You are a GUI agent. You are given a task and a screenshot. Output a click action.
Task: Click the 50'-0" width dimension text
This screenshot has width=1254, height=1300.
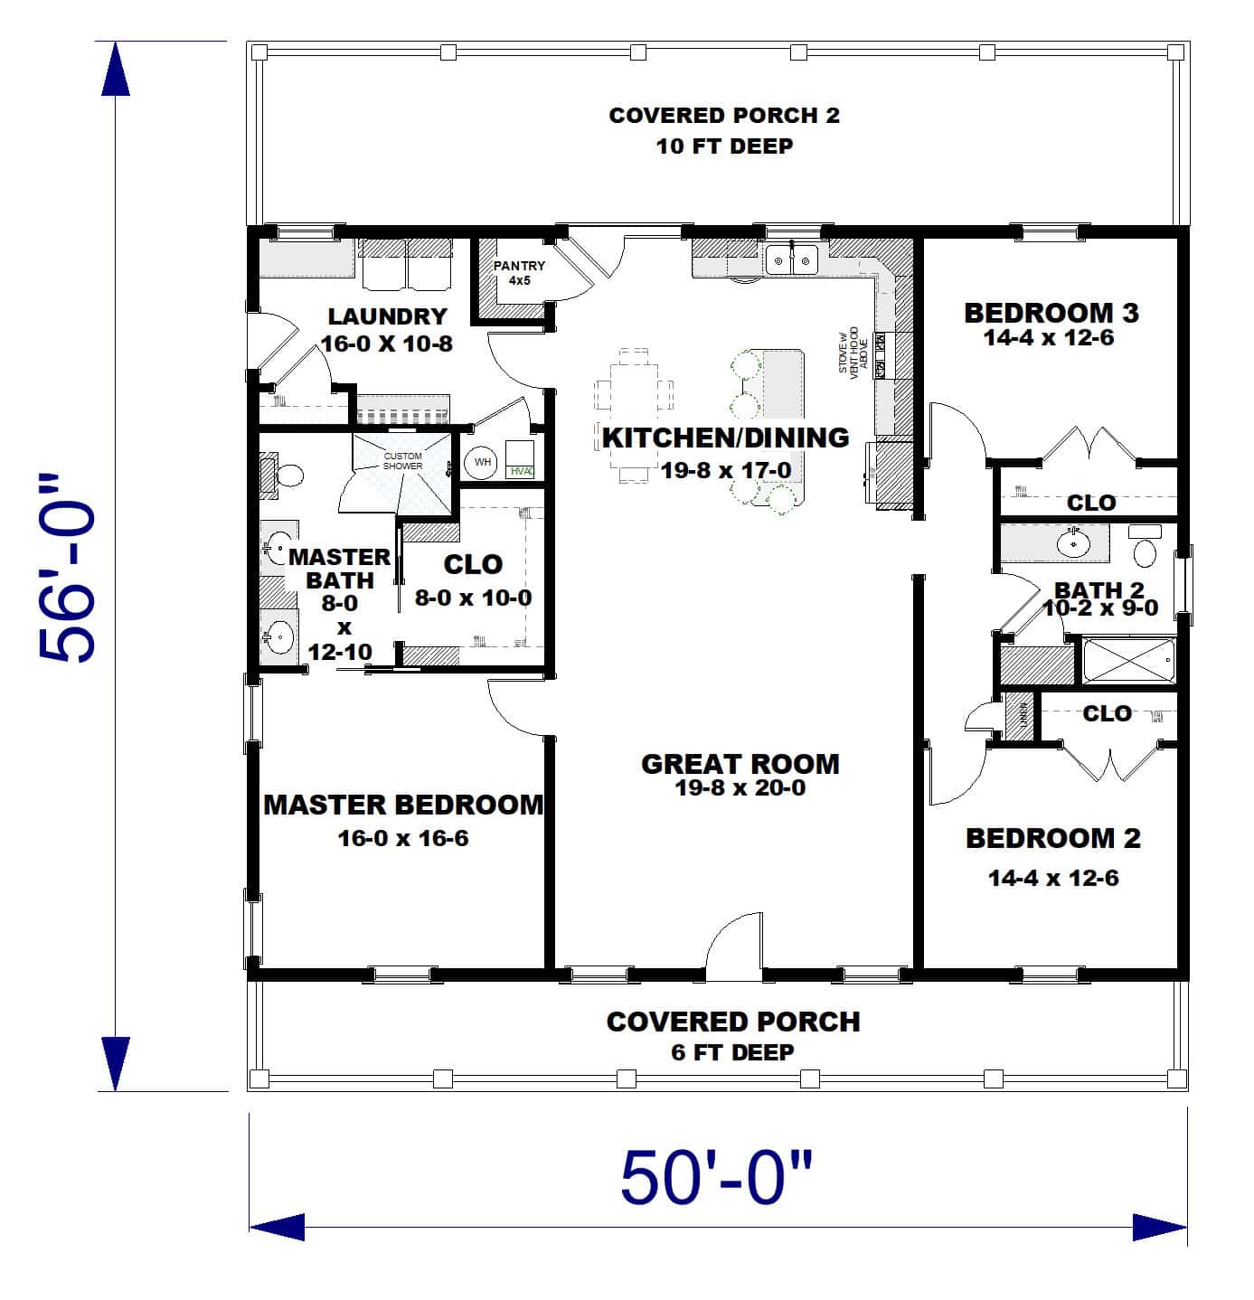(x=717, y=1177)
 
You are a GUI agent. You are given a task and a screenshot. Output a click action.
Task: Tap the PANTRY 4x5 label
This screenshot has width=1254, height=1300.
(x=519, y=272)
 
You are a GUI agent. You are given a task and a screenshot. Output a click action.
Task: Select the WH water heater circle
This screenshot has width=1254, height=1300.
(x=482, y=462)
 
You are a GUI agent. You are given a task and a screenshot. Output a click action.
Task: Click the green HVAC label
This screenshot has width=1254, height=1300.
(x=522, y=471)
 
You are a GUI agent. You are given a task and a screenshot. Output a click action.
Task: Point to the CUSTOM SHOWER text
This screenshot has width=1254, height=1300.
(x=402, y=461)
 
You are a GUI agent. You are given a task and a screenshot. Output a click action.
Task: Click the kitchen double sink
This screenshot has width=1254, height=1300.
(x=791, y=259)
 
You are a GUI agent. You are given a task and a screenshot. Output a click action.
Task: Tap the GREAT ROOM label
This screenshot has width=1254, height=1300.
(x=740, y=764)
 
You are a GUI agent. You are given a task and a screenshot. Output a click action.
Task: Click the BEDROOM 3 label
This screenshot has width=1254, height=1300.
(x=1051, y=313)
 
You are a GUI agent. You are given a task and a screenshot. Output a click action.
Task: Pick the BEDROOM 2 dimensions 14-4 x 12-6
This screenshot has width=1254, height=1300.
(x=1052, y=878)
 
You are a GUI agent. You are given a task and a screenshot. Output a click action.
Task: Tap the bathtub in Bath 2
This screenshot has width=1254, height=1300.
(x=1128, y=661)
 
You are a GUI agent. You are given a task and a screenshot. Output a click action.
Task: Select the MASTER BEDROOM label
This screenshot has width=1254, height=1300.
(x=403, y=805)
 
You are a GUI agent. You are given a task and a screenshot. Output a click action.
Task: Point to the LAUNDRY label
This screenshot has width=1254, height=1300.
(x=387, y=316)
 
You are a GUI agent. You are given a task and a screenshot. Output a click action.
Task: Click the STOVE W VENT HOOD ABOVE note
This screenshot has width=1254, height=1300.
(x=853, y=353)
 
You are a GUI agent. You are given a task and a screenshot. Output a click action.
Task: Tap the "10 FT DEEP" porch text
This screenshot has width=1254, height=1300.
(x=724, y=146)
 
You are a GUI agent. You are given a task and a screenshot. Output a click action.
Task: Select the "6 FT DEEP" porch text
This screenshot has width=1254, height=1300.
(x=732, y=1052)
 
